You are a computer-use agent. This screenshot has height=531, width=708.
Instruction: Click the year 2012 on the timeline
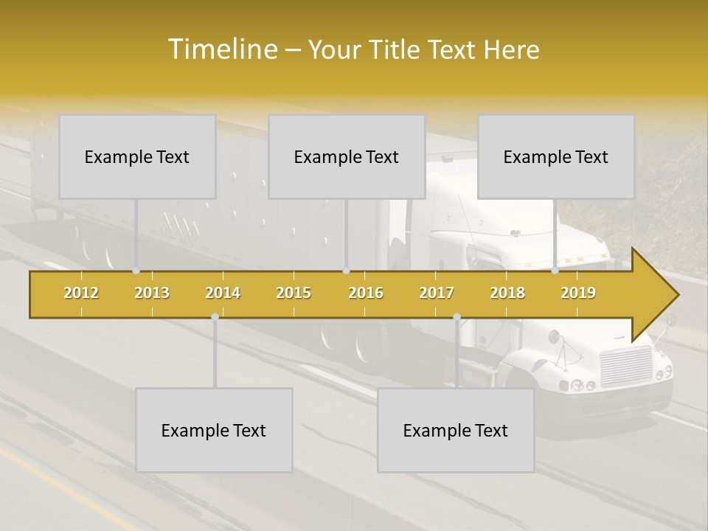pyautogui.click(x=81, y=293)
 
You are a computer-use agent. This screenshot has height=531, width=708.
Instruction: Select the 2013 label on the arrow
pyautogui.click(x=152, y=293)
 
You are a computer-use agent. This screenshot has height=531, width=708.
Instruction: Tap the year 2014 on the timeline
pyautogui.click(x=223, y=293)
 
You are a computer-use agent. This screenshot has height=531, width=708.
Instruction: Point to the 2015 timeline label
pyautogui.click(x=294, y=293)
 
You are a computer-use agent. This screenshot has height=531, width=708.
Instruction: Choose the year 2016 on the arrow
pyautogui.click(x=366, y=293)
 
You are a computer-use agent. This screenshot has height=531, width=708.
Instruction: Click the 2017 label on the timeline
pyautogui.click(x=437, y=293)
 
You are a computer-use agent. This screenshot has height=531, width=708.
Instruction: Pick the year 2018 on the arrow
pyautogui.click(x=507, y=293)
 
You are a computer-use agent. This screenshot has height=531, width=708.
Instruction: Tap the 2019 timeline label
pyautogui.click(x=578, y=293)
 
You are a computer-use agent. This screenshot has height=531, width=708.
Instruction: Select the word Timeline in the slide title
pyautogui.click(x=221, y=49)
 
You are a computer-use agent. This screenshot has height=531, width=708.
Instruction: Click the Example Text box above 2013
pyautogui.click(x=137, y=156)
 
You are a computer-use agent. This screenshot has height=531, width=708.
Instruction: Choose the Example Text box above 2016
pyautogui.click(x=347, y=156)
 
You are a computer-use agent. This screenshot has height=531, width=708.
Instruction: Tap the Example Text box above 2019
pyautogui.click(x=556, y=156)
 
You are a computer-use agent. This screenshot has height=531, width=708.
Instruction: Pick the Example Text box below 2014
pyautogui.click(x=214, y=430)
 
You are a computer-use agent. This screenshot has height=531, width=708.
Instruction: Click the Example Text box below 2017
pyautogui.click(x=456, y=430)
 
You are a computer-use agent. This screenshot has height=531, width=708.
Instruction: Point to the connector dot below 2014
pyautogui.click(x=215, y=316)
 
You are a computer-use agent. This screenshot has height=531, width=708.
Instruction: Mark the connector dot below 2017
pyautogui.click(x=457, y=316)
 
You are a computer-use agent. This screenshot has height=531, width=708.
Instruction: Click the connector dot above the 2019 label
pyautogui.click(x=555, y=271)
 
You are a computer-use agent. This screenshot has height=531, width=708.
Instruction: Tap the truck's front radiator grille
pyautogui.click(x=626, y=364)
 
